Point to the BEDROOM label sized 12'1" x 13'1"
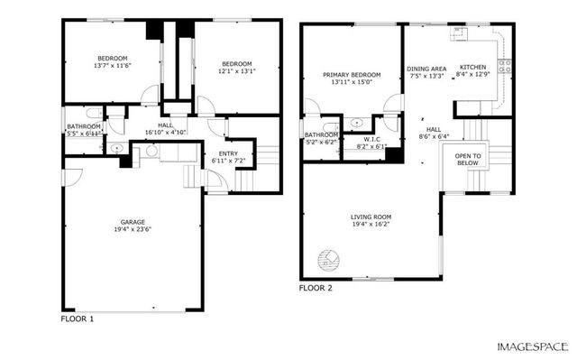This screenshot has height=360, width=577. pyautogui.click(x=237, y=64)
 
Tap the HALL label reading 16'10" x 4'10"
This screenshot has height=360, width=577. pyautogui.click(x=166, y=125)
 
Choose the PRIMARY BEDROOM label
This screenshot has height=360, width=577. pyautogui.click(x=352, y=75)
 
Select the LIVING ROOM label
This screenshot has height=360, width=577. pyautogui.click(x=371, y=217)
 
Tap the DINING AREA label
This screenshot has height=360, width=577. pyautogui.click(x=426, y=69)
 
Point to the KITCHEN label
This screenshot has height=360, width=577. pyautogui.click(x=474, y=67)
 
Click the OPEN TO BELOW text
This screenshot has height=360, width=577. pyautogui.click(x=468, y=160)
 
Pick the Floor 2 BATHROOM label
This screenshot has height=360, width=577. pyautogui.click(x=320, y=135)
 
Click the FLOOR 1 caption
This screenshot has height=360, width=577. pyautogui.click(x=77, y=319)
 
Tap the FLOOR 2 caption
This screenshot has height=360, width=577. pyautogui.click(x=316, y=289)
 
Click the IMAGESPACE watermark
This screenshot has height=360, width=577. pyautogui.click(x=533, y=346)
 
